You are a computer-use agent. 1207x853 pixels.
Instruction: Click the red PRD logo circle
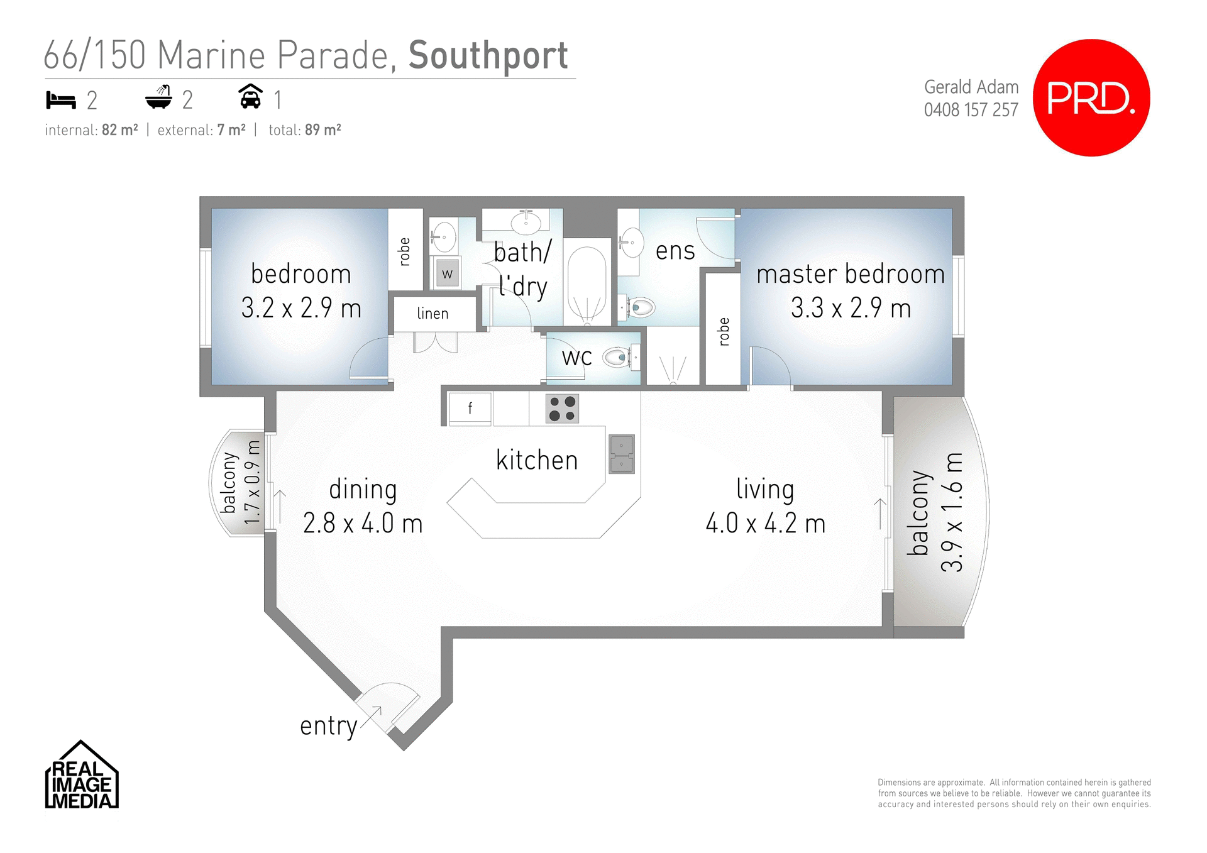(1091, 97)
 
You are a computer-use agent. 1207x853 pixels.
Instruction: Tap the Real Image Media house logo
(81, 776)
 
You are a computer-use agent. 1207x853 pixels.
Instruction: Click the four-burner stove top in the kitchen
(562, 409)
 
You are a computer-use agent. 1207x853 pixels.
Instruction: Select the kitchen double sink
(622, 454)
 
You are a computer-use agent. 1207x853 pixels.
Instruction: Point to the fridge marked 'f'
(470, 409)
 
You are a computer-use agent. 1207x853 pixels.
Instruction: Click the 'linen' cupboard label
(433, 313)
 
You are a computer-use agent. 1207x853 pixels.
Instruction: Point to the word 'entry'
(328, 726)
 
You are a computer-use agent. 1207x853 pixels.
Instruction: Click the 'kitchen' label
(536, 460)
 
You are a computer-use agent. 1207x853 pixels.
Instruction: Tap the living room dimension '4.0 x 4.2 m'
(765, 523)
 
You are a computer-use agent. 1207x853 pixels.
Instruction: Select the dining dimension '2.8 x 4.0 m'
(363, 523)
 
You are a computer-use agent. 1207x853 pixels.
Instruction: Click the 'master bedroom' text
(850, 274)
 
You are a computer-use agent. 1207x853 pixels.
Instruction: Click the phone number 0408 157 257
(971, 110)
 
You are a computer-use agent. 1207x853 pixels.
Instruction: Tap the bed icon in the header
(61, 100)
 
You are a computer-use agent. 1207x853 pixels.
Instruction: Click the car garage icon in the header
(250, 97)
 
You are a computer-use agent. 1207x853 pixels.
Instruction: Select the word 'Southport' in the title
(488, 56)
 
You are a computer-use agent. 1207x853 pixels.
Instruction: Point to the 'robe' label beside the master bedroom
(724, 331)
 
